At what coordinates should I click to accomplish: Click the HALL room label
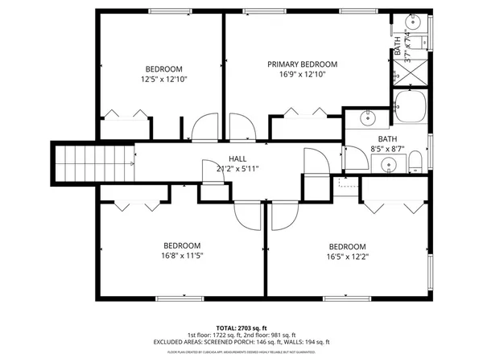tap(237, 158)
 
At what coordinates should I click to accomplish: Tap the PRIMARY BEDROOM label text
tap(303, 64)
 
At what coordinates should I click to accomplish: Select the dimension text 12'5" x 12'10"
tap(163, 79)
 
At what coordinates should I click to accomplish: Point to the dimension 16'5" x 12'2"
tap(346, 257)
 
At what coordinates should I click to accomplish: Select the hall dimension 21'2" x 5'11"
tap(237, 168)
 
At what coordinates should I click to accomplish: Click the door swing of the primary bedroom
tap(244, 127)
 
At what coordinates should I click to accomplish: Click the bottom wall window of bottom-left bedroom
tap(181, 298)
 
